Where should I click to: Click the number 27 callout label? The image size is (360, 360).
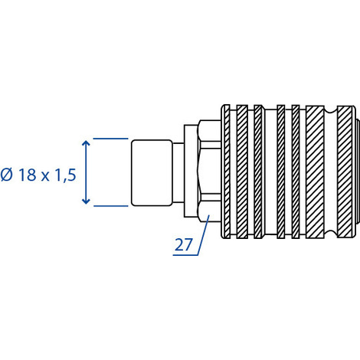[183, 244]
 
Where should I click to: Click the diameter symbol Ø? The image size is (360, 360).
[7, 175]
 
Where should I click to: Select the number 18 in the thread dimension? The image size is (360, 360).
[28, 175]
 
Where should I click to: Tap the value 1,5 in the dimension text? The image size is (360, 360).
[65, 175]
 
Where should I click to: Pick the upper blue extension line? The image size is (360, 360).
[110, 139]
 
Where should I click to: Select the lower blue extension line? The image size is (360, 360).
[110, 206]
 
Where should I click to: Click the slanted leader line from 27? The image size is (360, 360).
[204, 235]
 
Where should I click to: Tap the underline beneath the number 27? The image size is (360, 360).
[185, 255]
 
